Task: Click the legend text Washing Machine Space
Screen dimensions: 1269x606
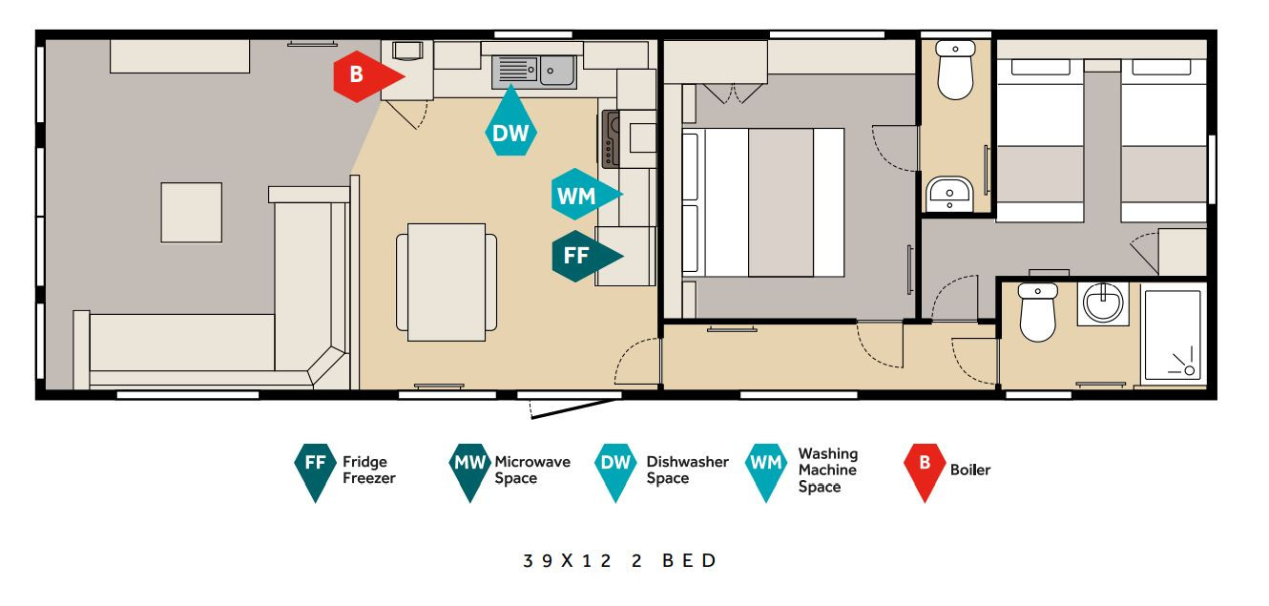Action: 827,470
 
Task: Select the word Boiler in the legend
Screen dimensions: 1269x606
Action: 970,470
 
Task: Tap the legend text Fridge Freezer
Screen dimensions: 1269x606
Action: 369,470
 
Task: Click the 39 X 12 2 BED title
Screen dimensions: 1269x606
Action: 619,560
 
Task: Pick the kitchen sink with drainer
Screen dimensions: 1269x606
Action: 534,72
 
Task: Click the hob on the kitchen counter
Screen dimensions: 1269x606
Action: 611,139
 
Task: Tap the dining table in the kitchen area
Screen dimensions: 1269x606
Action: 447,282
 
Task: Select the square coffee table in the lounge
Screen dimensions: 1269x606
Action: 192,213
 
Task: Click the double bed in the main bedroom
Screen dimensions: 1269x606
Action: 763,203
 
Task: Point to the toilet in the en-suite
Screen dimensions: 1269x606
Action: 955,69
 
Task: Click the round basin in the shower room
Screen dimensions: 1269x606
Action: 1102,303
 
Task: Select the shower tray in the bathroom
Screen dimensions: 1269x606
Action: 1173,336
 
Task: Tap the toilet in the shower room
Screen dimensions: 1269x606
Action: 1037,312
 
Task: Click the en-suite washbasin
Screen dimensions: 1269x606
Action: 949,194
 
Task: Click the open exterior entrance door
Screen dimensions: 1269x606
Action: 573,408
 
